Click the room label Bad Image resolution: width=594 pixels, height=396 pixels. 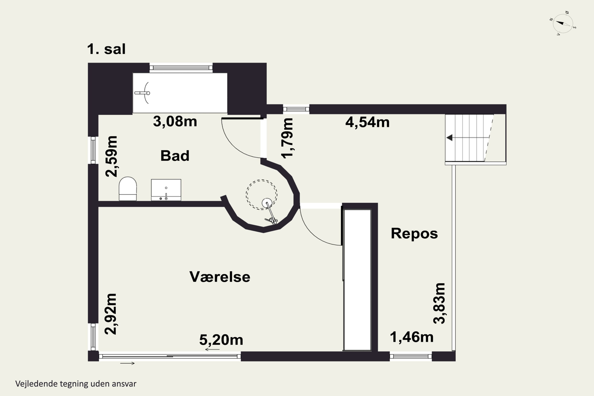[175, 156]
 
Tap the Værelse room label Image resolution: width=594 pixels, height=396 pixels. [220, 277]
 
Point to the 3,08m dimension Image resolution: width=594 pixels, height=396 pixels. [175, 122]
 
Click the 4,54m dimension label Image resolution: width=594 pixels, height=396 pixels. [367, 123]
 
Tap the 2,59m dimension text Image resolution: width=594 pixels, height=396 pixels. [111, 157]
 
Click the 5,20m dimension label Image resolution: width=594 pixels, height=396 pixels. [221, 340]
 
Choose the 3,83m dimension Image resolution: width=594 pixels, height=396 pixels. [439, 303]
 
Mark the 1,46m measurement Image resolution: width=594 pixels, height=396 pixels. [412, 337]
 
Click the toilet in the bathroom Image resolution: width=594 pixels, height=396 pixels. [128, 189]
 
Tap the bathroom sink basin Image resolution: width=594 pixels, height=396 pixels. [166, 190]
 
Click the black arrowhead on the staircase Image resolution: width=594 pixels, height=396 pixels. [449, 138]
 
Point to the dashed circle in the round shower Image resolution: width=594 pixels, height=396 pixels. [262, 194]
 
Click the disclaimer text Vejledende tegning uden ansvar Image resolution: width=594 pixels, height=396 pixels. [76, 384]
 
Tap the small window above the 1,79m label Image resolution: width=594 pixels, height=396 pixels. [296, 109]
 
